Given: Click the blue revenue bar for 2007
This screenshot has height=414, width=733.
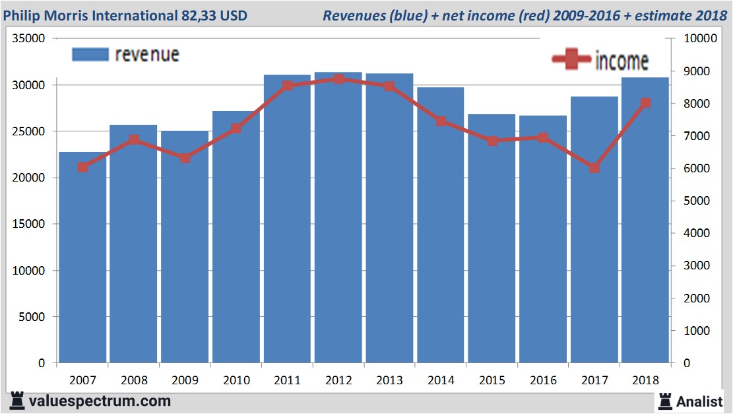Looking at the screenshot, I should point(82,258).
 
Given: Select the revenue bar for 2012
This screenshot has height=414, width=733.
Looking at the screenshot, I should point(338,218).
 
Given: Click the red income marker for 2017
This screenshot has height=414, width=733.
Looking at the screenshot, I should point(594,168).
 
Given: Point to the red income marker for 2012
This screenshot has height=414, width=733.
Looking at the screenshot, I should point(338,79).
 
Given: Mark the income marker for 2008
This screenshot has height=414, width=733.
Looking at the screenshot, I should point(134,140).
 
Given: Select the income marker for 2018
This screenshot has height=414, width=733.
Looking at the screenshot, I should point(645,103).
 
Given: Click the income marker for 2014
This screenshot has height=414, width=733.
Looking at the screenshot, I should point(441,121).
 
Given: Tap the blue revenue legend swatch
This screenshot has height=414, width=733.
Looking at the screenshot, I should point(90,54).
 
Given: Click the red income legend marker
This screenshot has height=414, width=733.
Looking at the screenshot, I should point(571,60).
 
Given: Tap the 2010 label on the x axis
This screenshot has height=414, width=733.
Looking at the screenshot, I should point(236,380).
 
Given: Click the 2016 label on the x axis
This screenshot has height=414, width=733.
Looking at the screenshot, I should point(543,380).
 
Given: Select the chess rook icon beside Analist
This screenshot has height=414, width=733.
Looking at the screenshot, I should point(665,401).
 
